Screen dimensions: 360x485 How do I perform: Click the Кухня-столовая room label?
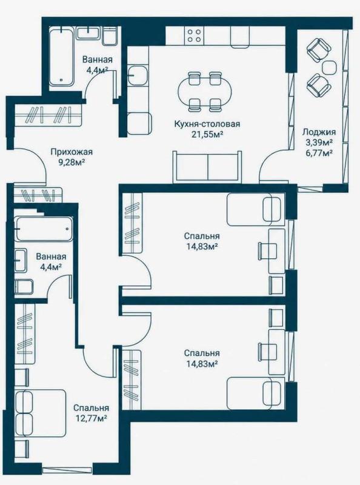[x=207, y=124]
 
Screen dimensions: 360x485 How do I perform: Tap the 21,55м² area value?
[x=207, y=134]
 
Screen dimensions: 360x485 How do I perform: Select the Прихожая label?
[x=72, y=152]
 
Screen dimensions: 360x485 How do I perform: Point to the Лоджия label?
[x=319, y=132]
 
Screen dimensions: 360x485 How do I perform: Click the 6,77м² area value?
[x=319, y=152]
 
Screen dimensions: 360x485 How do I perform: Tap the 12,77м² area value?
[x=92, y=418]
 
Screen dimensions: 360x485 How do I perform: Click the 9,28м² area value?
[x=72, y=162]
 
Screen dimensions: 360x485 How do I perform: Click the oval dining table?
[x=204, y=92]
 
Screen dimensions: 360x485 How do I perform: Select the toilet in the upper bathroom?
[x=110, y=36]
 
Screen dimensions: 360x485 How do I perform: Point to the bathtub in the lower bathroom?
[x=44, y=229]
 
